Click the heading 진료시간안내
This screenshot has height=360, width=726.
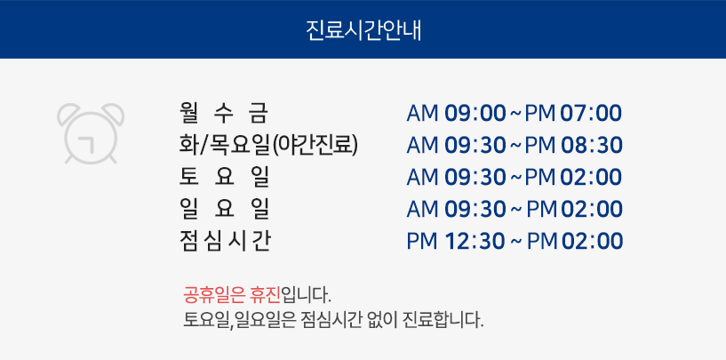(x=363, y=30)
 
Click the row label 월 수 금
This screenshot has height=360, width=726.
(x=224, y=114)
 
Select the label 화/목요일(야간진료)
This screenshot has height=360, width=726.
(x=268, y=146)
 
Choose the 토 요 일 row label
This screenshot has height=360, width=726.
(x=224, y=178)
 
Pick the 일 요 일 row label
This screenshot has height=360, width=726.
(x=224, y=210)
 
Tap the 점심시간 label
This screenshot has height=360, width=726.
(x=225, y=242)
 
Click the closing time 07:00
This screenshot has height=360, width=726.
(x=591, y=114)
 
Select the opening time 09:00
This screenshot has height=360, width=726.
(x=475, y=114)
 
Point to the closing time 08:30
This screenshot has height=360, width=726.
(x=592, y=146)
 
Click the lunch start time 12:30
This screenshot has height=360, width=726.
(x=475, y=242)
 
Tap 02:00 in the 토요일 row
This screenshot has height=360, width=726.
(x=591, y=178)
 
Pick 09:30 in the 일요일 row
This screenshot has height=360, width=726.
(x=475, y=210)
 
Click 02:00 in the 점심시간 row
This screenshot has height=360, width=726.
(x=592, y=242)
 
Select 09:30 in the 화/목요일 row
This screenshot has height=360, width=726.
(x=475, y=146)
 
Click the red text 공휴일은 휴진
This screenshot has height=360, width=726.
(x=232, y=294)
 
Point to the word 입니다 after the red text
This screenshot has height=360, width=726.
(x=306, y=294)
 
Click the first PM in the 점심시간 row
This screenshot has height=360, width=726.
(x=422, y=242)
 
